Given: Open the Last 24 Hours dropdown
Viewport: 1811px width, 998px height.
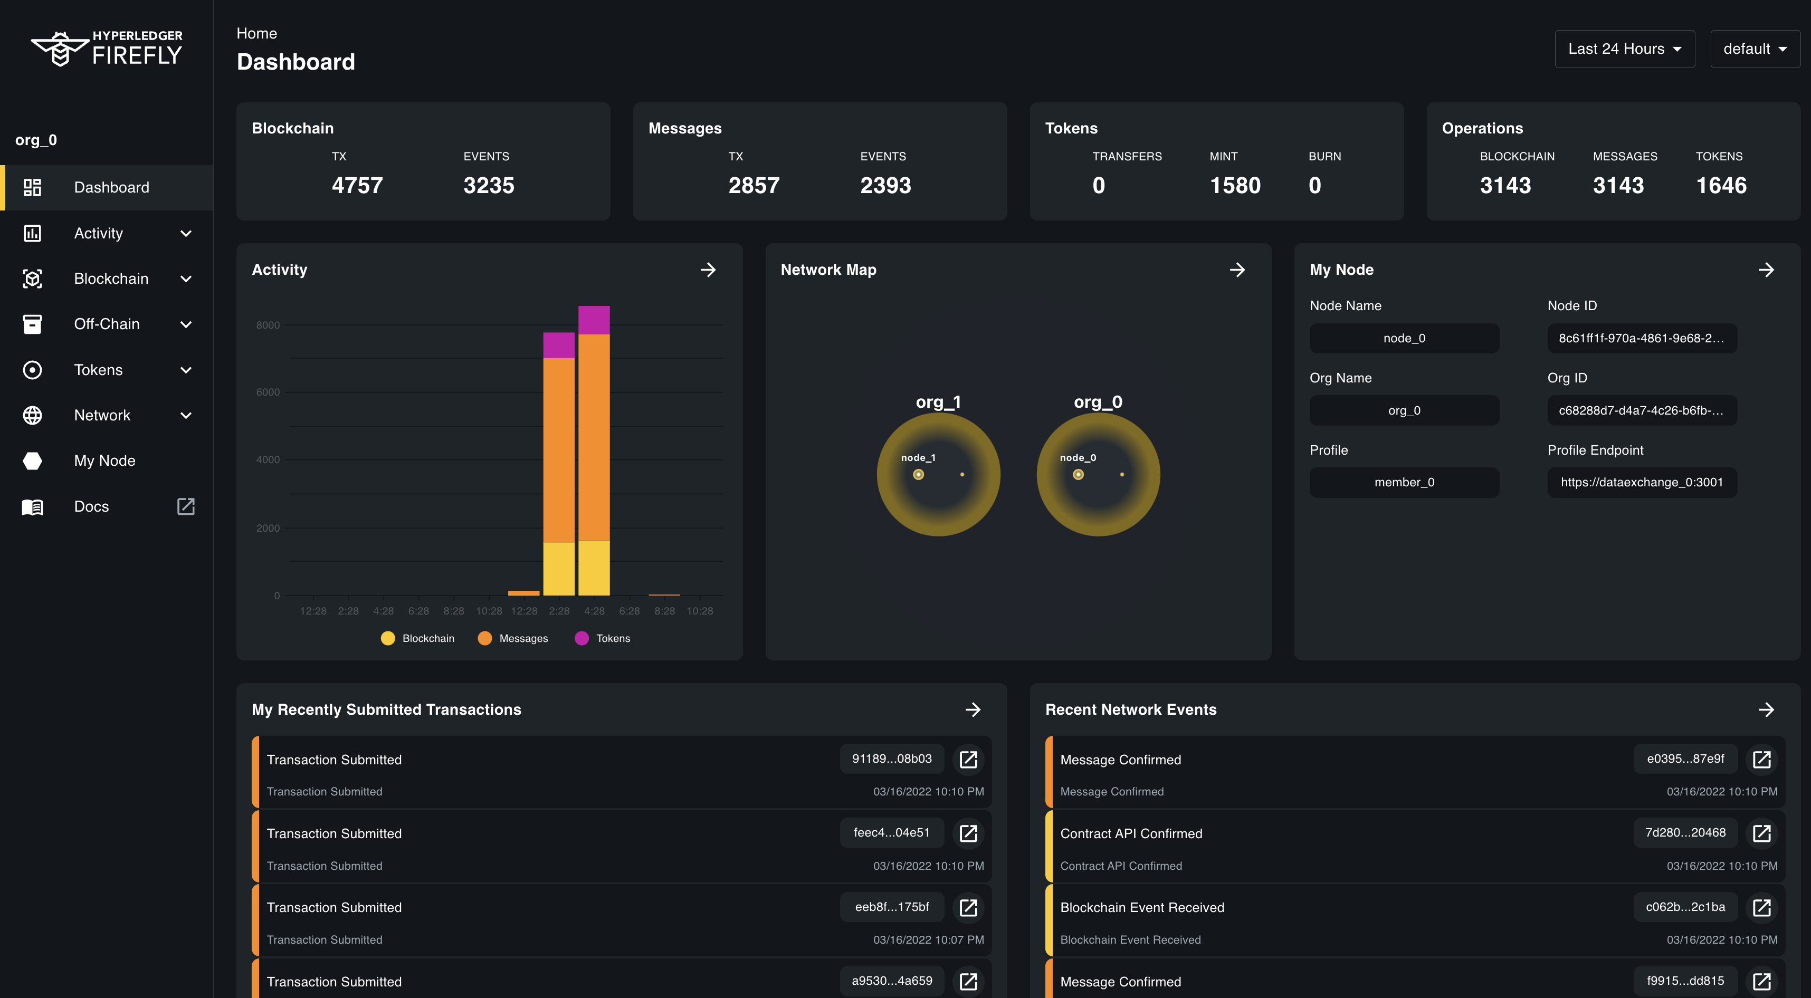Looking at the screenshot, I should point(1624,49).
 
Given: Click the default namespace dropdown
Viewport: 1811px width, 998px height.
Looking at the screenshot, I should point(1754,49).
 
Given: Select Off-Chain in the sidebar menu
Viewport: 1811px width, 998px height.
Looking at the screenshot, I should point(107,324).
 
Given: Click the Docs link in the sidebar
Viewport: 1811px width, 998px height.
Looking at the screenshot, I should point(91,507).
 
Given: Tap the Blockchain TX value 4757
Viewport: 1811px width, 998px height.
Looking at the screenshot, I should point(357,186).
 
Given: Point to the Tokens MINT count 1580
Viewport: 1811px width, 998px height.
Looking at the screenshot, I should point(1235,186).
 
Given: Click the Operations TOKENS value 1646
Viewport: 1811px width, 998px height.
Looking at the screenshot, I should point(1720,186).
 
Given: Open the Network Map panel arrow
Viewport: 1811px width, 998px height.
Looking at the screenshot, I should point(1237,270).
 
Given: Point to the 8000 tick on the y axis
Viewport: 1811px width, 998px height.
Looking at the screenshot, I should point(268,325).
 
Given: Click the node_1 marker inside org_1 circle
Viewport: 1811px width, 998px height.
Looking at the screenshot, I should point(918,474).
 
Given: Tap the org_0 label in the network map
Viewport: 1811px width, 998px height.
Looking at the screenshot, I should point(1098,402).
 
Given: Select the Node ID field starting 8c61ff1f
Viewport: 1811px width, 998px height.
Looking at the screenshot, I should point(1641,338).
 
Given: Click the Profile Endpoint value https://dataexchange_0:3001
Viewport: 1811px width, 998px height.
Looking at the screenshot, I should point(1641,482).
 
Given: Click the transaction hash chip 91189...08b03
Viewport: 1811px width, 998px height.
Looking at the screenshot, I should point(891,759).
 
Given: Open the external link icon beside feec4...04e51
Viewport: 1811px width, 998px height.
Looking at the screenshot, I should point(968,833).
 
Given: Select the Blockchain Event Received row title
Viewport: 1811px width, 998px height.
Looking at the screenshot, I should point(1142,907).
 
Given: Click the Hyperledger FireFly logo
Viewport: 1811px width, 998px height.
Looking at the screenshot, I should point(107,48).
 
